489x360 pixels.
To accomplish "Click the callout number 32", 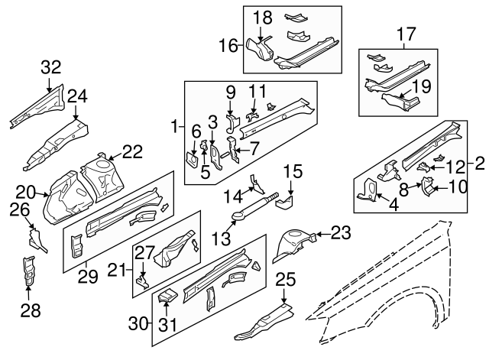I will (x=50, y=68).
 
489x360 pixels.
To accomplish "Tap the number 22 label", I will (x=132, y=152).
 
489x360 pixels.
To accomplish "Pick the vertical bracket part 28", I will (x=28, y=271).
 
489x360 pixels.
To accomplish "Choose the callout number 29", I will (x=88, y=276).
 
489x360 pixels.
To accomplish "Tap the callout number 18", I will (x=262, y=18).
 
